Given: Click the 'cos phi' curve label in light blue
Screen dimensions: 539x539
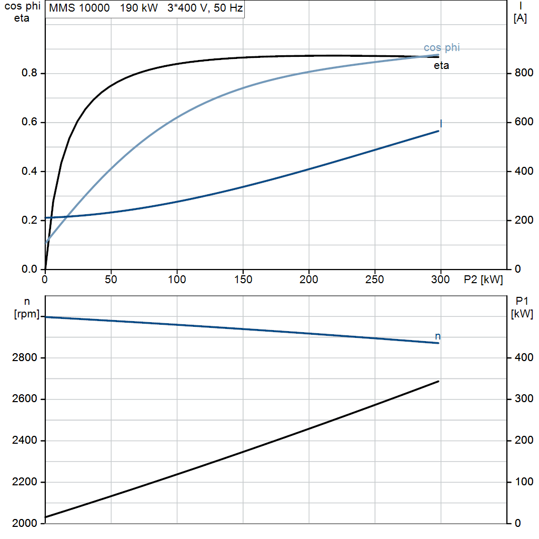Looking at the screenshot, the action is point(442,47).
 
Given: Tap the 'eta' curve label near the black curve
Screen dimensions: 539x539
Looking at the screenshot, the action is point(442,65).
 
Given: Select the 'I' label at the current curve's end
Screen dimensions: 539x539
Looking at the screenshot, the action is point(441,123).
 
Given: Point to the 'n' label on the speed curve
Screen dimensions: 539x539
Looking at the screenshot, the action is point(437,336).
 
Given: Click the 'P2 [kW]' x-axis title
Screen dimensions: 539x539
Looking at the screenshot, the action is point(483,280).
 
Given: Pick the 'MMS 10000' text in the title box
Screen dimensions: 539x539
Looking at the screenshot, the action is point(79,8).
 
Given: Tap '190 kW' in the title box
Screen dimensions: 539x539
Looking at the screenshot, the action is point(139,8).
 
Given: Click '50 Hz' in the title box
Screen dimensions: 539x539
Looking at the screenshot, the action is point(228,8).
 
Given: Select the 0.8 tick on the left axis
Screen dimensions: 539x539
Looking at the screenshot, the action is point(29,73).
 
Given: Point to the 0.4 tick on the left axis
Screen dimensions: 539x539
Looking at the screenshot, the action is point(29,171).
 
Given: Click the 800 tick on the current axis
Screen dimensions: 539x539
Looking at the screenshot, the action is point(524,73).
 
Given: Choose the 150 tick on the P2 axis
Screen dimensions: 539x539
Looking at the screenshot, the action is point(243,280).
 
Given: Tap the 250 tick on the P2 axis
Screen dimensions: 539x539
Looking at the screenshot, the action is point(375,280).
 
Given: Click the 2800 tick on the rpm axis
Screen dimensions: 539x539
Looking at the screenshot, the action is point(24,358).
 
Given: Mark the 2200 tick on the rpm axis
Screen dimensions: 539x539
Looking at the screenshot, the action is point(24,482).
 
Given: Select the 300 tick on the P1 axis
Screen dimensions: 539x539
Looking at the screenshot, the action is point(524,399).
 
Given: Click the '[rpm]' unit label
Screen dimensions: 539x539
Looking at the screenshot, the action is point(27,314).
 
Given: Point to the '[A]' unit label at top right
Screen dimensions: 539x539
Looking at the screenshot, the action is point(520,18).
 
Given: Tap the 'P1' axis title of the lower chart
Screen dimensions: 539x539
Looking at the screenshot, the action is point(522,301).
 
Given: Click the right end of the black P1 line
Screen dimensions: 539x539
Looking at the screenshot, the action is point(438,381).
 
